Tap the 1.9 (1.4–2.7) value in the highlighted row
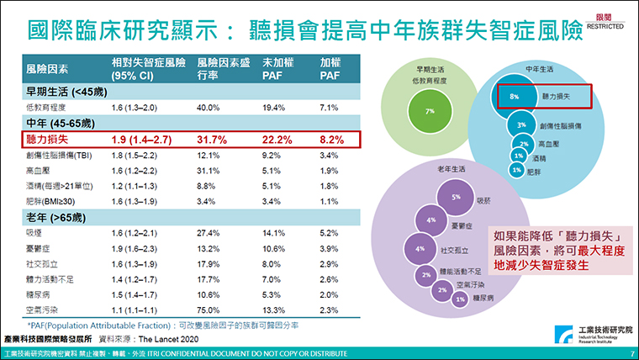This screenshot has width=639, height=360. tap(138, 140)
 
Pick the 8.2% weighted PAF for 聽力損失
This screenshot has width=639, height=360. tap(330, 140)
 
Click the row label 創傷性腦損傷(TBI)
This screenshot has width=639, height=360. tap(61, 156)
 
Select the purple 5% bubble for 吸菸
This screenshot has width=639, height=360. tap(456, 198)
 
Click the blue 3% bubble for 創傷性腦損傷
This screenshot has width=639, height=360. tap(521, 124)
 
